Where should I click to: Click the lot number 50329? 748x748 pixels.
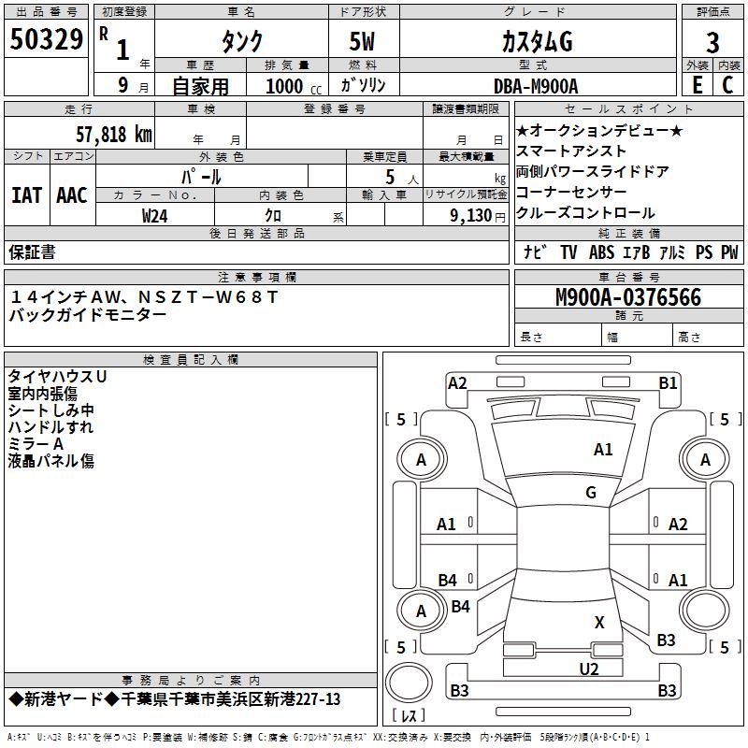(x=46, y=39)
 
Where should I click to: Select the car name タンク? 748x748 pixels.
(x=240, y=41)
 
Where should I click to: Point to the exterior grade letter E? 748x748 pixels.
(x=697, y=84)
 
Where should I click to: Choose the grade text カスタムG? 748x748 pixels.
(x=536, y=41)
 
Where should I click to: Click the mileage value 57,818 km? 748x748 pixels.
(x=113, y=134)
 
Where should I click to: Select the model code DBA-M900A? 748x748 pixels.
(x=536, y=85)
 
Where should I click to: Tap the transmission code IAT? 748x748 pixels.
(x=26, y=194)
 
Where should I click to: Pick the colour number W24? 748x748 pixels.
(x=155, y=215)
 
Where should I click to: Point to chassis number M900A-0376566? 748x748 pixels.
(x=628, y=297)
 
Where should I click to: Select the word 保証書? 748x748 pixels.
(x=32, y=252)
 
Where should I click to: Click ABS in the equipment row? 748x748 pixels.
(x=601, y=252)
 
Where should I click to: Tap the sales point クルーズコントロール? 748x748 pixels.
(x=585, y=212)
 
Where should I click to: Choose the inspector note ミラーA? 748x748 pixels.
(x=36, y=443)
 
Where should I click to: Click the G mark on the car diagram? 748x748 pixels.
(x=591, y=493)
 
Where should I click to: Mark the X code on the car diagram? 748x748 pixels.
(x=599, y=622)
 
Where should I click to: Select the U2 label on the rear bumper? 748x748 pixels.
(x=589, y=669)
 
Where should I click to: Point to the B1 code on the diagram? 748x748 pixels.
(x=668, y=382)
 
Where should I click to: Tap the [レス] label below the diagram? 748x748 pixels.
(x=410, y=716)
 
